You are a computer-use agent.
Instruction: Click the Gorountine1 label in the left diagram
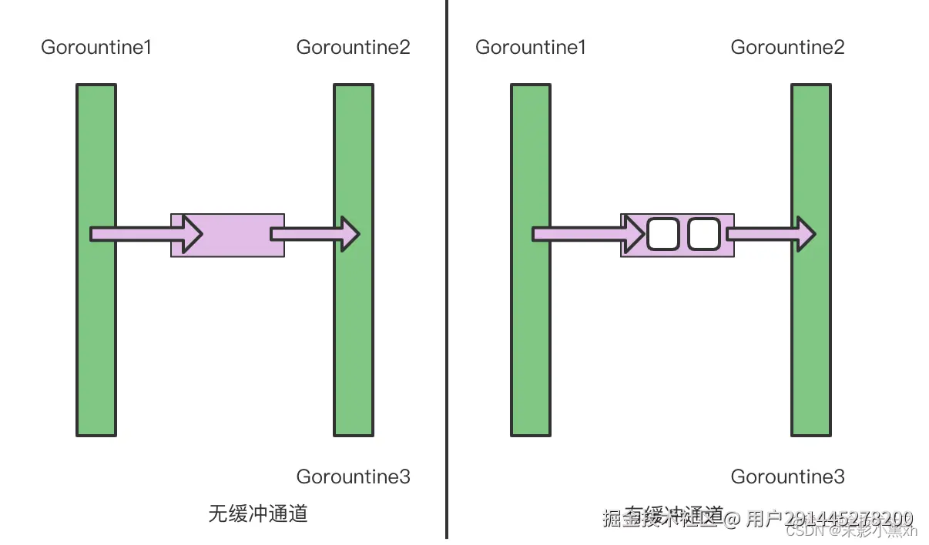[96, 48]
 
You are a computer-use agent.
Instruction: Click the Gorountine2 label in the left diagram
[353, 48]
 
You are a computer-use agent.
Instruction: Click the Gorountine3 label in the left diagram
[353, 476]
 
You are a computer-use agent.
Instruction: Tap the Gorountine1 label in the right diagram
[531, 48]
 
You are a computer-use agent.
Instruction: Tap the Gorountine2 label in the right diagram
[787, 48]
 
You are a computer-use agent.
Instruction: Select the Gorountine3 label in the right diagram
[787, 476]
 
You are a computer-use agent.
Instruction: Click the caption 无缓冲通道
[258, 513]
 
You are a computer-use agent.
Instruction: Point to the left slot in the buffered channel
[662, 234]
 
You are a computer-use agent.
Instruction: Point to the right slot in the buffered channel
[703, 234]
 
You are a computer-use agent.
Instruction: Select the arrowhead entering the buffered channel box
[634, 233]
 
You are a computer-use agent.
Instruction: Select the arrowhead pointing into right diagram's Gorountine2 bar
[806, 233]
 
